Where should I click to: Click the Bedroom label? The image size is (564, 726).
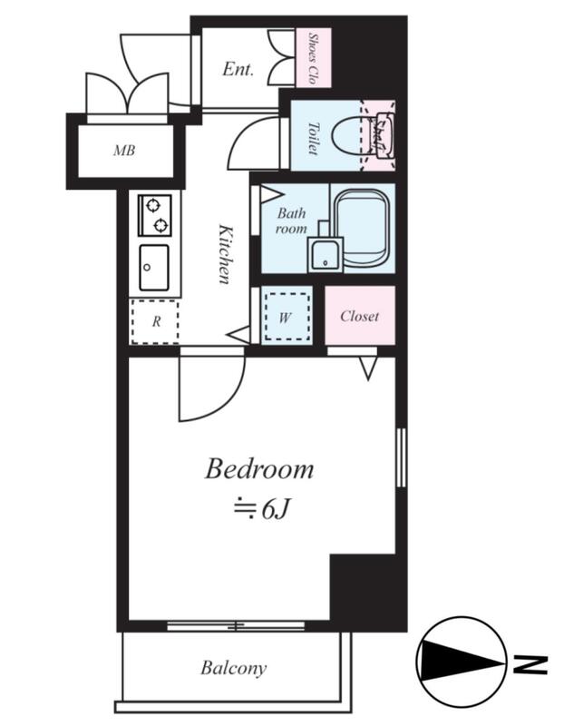(259, 468)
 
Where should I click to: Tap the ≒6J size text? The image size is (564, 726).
(261, 509)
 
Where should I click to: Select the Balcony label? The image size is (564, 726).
(234, 668)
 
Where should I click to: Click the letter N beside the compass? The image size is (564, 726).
(531, 664)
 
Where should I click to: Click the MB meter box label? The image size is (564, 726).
(124, 151)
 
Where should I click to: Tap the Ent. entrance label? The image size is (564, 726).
(238, 69)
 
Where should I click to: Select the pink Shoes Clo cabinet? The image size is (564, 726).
(314, 57)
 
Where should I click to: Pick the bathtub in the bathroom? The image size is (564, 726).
(362, 229)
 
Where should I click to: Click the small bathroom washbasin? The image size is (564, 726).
(326, 254)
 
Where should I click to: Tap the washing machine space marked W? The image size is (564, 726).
(287, 318)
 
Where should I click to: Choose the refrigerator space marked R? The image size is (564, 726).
(155, 322)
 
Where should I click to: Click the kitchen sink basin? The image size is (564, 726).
(154, 268)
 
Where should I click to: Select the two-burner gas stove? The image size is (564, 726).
(154, 215)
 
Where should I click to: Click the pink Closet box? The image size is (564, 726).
(360, 316)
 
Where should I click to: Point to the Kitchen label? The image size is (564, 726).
(225, 254)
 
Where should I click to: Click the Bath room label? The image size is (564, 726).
(291, 221)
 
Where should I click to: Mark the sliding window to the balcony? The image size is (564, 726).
(236, 626)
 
